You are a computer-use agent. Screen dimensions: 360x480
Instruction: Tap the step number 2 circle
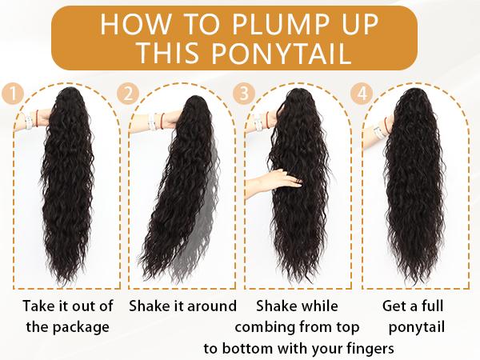[127, 93]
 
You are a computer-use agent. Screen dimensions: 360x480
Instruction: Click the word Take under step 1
[40, 306]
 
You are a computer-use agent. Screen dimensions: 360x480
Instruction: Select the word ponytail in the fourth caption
[416, 327]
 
